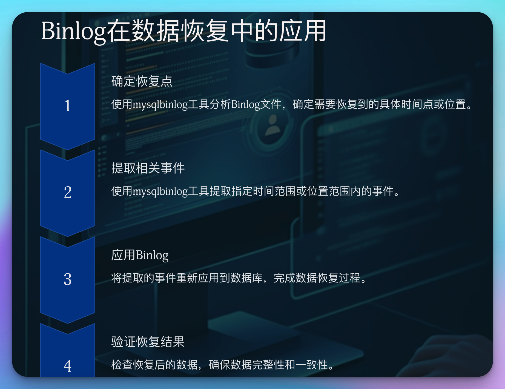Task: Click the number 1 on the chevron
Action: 68,106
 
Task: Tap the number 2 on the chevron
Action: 68,192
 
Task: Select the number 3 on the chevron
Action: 68,279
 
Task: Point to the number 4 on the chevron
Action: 68,366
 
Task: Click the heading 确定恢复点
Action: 142,81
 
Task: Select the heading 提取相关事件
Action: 148,168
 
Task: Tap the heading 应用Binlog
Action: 140,255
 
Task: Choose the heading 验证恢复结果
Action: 148,342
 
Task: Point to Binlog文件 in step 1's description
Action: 256,105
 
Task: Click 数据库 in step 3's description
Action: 247,278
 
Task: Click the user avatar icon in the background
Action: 273,126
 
